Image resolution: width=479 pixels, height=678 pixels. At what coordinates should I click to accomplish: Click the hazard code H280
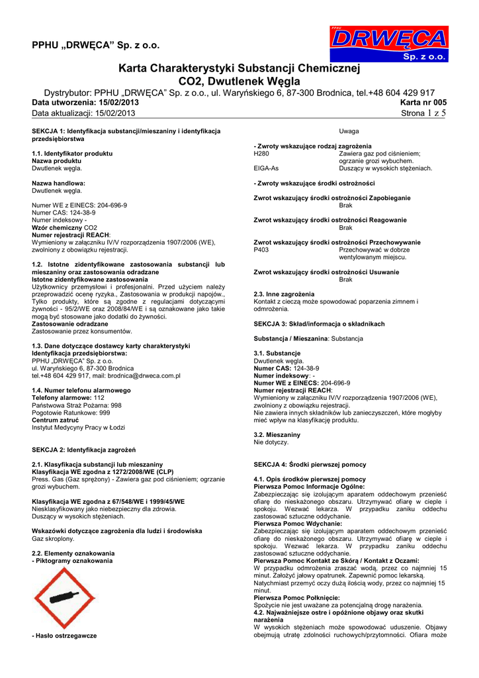click(x=262, y=154)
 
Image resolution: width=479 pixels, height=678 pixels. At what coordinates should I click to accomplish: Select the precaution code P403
click(x=262, y=250)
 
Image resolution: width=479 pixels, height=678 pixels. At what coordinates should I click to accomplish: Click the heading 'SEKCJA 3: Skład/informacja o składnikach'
click(x=319, y=324)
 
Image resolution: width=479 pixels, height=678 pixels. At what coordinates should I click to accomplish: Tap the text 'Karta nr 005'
click(x=423, y=103)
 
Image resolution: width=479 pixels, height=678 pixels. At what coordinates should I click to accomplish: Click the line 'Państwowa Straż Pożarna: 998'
click(x=77, y=405)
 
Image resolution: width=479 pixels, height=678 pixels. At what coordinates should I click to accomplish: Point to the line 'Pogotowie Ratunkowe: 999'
click(x=71, y=412)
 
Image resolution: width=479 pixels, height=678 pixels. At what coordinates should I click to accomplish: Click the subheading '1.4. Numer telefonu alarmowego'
click(x=77, y=390)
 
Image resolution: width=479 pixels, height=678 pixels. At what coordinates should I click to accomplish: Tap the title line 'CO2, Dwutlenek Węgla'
click(x=239, y=81)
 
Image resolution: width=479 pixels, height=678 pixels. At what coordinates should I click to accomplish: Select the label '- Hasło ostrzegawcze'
click(x=64, y=636)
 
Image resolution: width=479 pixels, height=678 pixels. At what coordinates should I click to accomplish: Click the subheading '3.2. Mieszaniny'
click(x=277, y=434)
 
